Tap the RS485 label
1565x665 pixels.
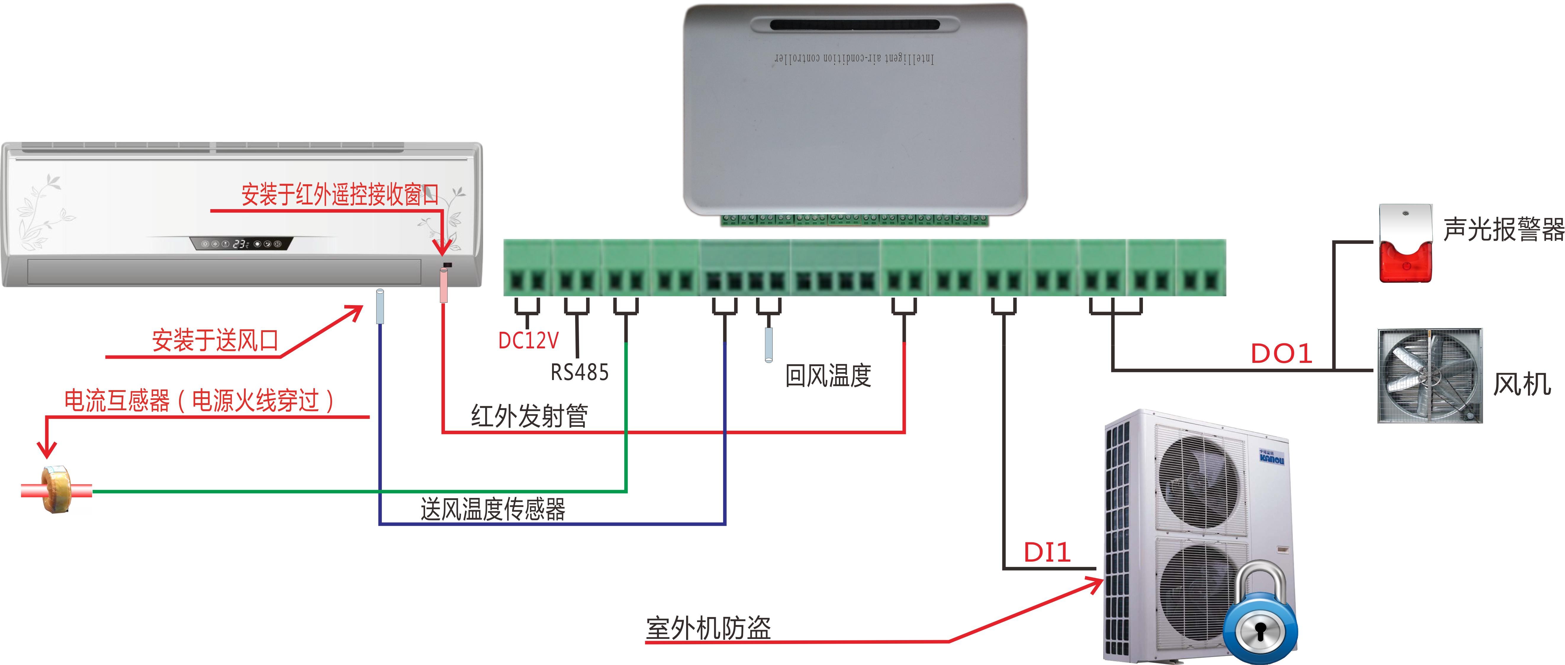579,372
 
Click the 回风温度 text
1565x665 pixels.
828,376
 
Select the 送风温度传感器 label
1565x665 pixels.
493,509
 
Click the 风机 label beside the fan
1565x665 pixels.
1522,384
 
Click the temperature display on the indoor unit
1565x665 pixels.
241,244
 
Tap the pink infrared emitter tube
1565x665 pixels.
443,286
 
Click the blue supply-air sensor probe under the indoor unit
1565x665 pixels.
380,307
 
